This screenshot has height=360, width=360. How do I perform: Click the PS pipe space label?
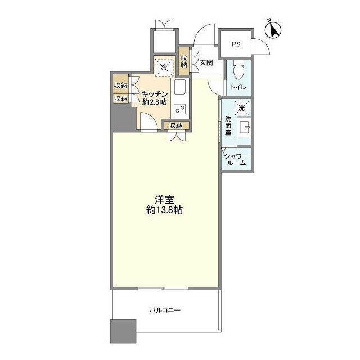point(236,44)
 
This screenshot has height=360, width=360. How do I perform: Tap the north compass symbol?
point(273,30)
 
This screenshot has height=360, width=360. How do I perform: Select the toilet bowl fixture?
point(238,70)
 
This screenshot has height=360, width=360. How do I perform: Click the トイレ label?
point(238,87)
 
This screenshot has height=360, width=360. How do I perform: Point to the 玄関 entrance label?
point(206,62)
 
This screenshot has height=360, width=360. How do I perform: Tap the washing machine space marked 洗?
point(242,107)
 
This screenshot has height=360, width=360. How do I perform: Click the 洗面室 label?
point(228,126)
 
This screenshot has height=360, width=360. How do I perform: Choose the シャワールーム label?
point(236,160)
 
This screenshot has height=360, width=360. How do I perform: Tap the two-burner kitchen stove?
point(180,109)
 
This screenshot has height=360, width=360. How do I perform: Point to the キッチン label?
point(155,94)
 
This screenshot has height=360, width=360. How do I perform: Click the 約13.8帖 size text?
point(164,210)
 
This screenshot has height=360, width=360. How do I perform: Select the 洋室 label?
point(164,200)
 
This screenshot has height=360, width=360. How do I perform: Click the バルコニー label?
point(165,310)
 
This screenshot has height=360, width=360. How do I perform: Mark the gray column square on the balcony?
point(123,331)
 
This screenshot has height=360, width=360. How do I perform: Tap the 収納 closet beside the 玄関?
point(184,61)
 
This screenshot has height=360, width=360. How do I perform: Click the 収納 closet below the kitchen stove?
point(176,125)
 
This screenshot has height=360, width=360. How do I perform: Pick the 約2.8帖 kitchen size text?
point(154,102)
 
